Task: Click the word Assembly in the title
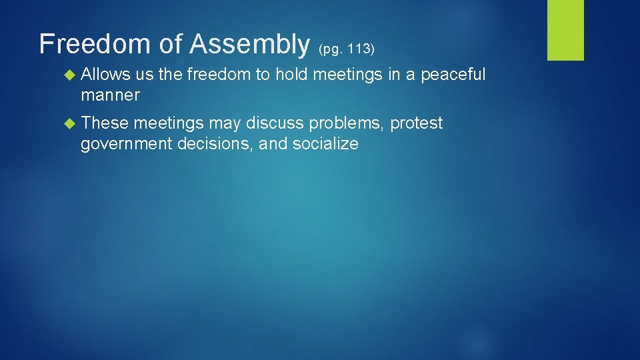click(250, 45)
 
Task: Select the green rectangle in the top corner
click(565, 30)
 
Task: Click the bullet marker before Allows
click(70, 75)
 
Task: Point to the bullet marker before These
click(70, 123)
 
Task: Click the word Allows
click(105, 75)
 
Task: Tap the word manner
click(110, 95)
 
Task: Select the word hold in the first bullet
click(292, 75)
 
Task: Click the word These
click(105, 123)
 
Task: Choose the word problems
click(351, 123)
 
